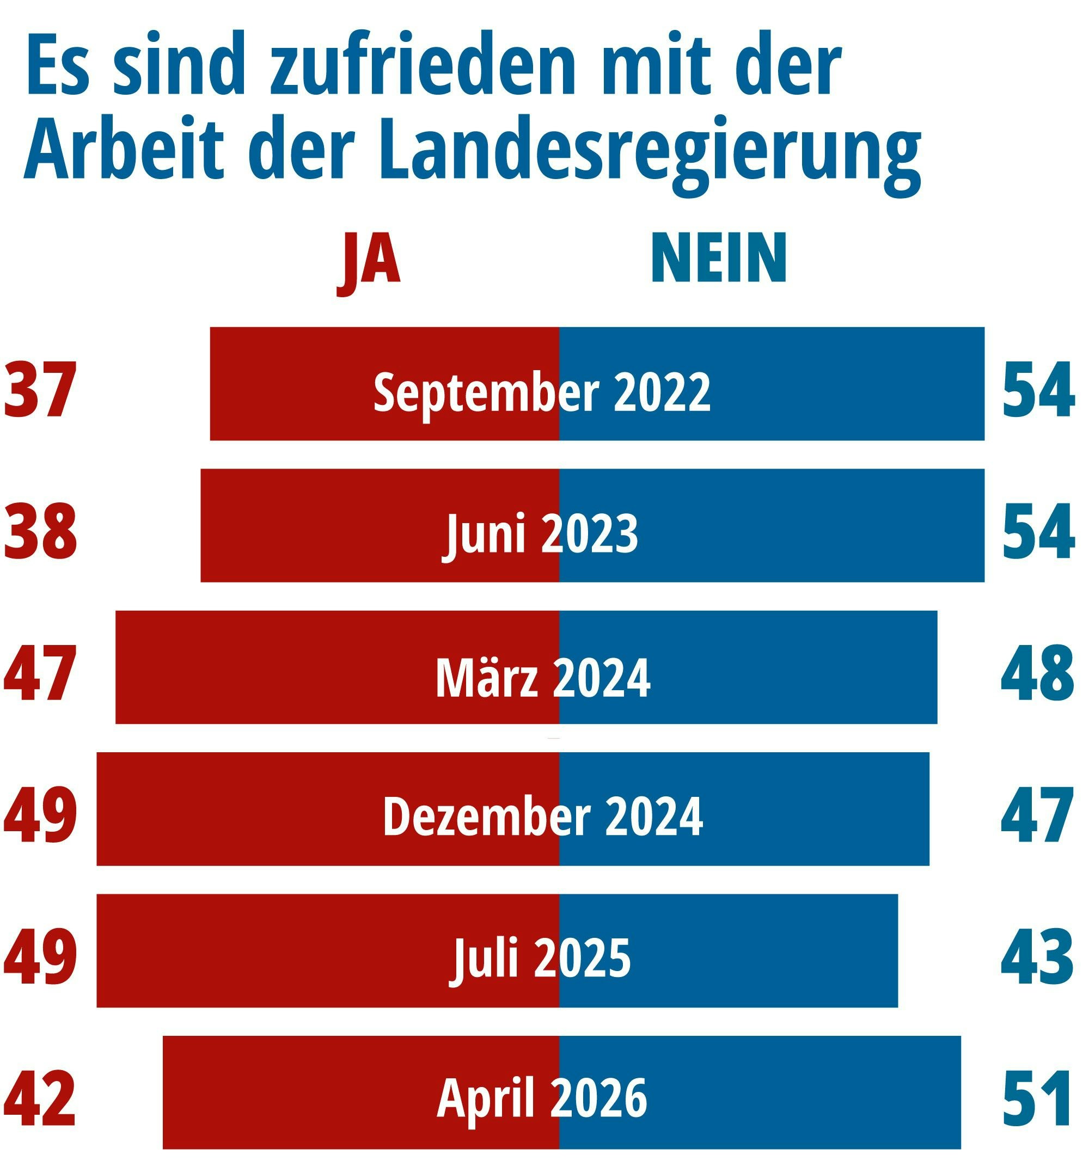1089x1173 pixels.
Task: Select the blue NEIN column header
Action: (718, 257)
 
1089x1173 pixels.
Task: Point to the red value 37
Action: (40, 389)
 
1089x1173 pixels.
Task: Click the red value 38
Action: (40, 531)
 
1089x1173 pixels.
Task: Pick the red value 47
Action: (40, 673)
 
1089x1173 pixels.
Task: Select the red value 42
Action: (40, 1099)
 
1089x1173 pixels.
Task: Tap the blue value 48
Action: (1037, 673)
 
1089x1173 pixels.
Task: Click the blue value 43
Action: (1037, 957)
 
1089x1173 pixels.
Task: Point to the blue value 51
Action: (1037, 1099)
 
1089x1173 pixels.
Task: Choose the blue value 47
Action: (1037, 815)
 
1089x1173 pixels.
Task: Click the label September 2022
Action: (542, 391)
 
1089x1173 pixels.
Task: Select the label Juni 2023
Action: (540, 534)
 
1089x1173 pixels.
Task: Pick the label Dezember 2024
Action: (543, 816)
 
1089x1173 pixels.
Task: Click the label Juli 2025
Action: (540, 959)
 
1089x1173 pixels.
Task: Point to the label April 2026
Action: (542, 1100)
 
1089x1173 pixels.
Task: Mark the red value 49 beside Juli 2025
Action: (40, 957)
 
